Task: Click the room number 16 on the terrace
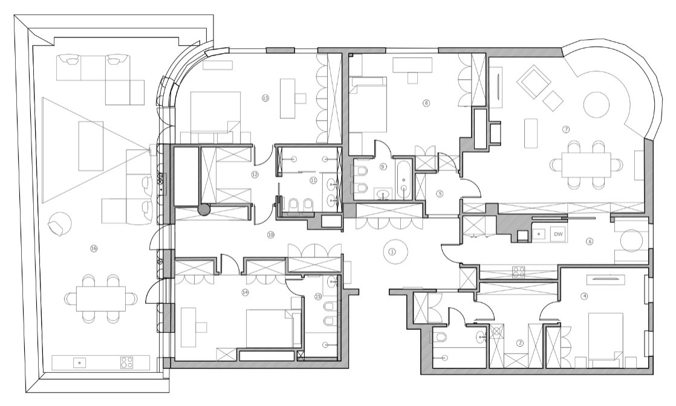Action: coord(94,248)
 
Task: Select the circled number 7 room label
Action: coord(567,129)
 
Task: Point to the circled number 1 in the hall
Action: coord(392,251)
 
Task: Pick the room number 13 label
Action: coord(265,97)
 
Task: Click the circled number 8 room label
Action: coord(426,103)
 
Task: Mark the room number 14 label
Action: coord(245,292)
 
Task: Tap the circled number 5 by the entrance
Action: coord(440,194)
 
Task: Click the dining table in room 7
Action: coord(585,164)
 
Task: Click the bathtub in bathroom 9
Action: coord(404,179)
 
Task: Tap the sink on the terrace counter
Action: coord(77,362)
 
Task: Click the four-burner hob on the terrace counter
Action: coord(126,362)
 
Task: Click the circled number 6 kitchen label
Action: coord(590,242)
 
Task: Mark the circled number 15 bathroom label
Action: coord(318,296)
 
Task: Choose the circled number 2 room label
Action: coord(519,343)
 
